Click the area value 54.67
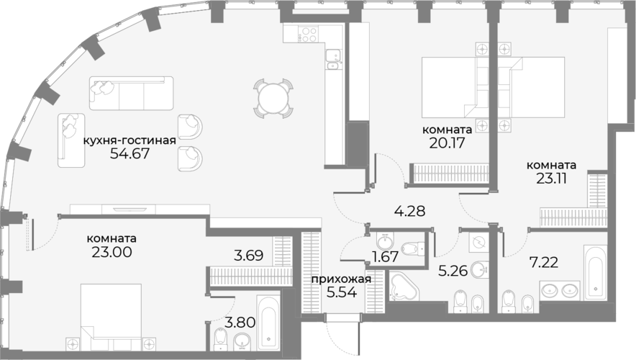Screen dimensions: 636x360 130,153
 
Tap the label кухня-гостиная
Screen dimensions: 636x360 130,140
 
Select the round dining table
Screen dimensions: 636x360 273,98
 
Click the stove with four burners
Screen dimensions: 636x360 308,34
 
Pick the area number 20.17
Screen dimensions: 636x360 447,143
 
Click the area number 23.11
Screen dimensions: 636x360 551,178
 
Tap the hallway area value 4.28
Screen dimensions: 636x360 409,211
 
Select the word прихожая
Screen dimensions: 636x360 341,279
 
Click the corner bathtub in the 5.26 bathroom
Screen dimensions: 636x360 403,287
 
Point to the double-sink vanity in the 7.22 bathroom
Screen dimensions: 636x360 560,290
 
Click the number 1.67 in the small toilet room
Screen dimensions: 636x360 386,256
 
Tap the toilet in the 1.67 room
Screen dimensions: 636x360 412,247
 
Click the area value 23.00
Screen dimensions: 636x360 112,252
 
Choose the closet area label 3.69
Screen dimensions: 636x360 249,256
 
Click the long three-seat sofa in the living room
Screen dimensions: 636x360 131,93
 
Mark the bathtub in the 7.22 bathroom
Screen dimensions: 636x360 596,272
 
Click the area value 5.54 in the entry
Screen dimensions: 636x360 342,292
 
